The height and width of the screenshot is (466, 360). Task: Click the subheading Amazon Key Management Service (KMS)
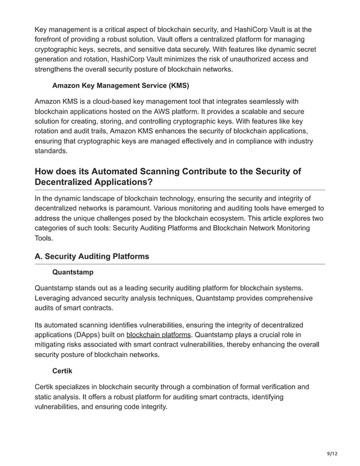(120, 85)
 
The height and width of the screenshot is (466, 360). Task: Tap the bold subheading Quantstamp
(73, 272)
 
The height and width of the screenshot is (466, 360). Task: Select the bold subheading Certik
(63, 371)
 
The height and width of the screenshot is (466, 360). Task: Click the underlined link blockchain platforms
(159, 335)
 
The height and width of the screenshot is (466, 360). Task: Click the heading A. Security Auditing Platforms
(92, 256)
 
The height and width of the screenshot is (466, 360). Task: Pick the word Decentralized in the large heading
(66, 183)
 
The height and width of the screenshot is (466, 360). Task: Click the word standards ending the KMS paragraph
(50, 151)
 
